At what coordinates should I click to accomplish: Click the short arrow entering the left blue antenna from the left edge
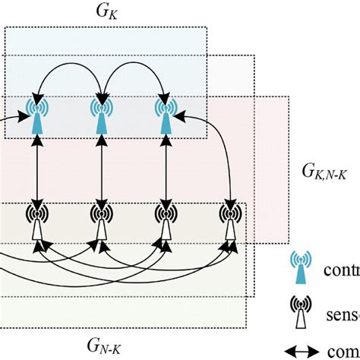pos(11,115)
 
